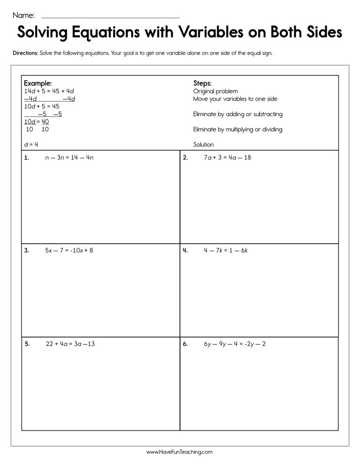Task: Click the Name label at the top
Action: [x=23, y=15]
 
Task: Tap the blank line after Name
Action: [x=110, y=17]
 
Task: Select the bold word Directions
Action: [x=25, y=53]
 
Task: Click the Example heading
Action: [x=38, y=83]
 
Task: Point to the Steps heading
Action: [x=203, y=83]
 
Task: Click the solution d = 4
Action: [x=31, y=144]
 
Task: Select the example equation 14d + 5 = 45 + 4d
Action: [x=49, y=91]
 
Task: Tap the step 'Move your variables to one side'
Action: [x=235, y=99]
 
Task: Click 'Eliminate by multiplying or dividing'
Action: [x=238, y=130]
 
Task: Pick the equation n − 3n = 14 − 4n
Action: [x=69, y=158]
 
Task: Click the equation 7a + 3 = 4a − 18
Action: [x=227, y=158]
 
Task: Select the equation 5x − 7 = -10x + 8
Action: [x=69, y=251]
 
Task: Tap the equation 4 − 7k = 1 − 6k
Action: [x=225, y=251]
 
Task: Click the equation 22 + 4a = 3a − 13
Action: [x=70, y=344]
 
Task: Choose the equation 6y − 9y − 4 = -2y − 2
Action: [x=235, y=344]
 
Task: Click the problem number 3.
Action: [x=27, y=251]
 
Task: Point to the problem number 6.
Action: [x=185, y=344]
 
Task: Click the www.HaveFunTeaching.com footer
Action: [x=179, y=452]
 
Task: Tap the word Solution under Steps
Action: [x=204, y=145]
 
